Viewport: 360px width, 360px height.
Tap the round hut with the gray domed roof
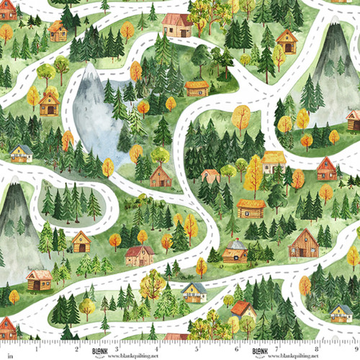234,251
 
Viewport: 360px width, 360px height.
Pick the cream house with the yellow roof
274,161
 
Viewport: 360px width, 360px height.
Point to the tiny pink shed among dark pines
210,175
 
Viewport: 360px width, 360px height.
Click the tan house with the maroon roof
139,254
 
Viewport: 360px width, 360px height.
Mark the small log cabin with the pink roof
39,279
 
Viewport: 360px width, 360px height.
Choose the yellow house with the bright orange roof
243,310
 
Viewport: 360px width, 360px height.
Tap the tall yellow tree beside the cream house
254,173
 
